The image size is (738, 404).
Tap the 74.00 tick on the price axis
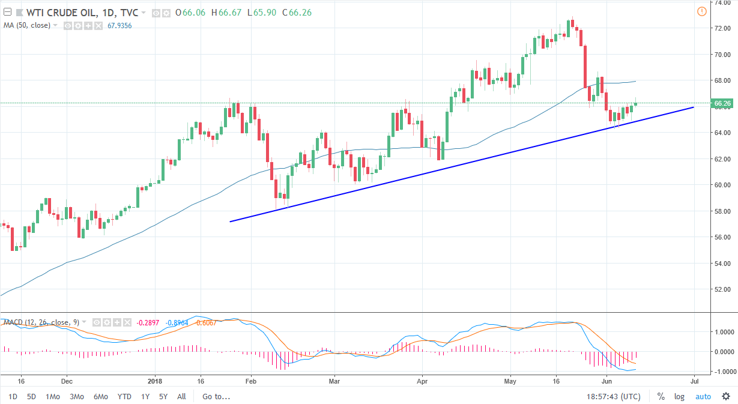[721, 2]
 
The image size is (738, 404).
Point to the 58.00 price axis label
[721, 211]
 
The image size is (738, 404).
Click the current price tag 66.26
[721, 103]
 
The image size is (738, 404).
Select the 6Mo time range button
[100, 396]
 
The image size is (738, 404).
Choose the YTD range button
[124, 396]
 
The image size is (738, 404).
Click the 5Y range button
[163, 396]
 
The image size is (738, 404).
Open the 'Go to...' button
[216, 396]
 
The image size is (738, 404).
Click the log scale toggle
[679, 396]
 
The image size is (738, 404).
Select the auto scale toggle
[703, 396]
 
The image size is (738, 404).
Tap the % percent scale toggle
[661, 396]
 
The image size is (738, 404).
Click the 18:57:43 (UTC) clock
[613, 396]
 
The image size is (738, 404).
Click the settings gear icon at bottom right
[725, 396]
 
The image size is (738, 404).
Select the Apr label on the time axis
[422, 381]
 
